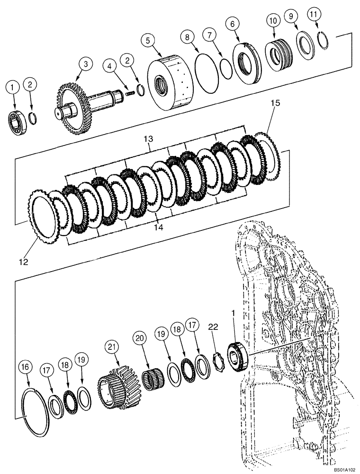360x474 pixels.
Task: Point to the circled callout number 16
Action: click(26, 366)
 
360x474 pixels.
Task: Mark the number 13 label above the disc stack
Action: click(149, 138)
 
